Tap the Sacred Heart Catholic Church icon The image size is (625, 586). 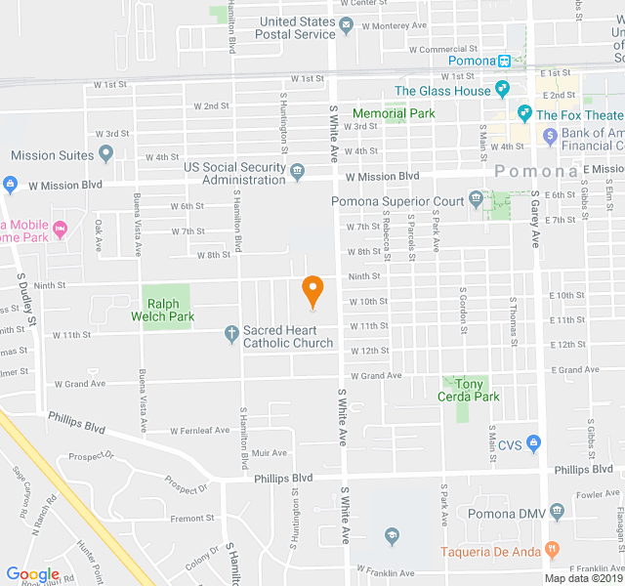[x=230, y=335]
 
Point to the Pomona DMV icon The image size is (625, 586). [x=557, y=511]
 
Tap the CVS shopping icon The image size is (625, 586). [x=533, y=444]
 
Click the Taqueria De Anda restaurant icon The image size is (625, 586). [x=552, y=550]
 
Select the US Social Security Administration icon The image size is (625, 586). [x=297, y=173]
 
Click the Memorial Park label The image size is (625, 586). [x=394, y=113]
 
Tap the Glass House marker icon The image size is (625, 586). [x=502, y=90]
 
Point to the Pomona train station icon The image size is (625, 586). [x=504, y=61]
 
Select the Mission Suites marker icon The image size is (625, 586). [x=106, y=154]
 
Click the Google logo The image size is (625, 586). [x=32, y=574]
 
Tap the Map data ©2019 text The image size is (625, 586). [x=583, y=578]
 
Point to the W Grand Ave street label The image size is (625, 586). [x=80, y=384]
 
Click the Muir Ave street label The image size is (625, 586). [x=270, y=453]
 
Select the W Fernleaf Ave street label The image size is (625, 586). [x=199, y=430]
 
